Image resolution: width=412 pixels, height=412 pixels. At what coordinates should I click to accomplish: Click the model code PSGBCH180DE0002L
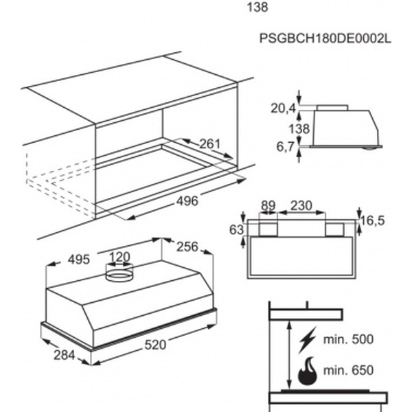[325, 38]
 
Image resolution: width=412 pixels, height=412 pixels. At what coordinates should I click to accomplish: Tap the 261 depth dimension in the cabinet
[209, 144]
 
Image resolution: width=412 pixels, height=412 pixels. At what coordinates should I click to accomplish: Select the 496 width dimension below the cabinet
[187, 201]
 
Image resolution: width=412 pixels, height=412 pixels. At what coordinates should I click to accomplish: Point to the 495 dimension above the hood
[78, 260]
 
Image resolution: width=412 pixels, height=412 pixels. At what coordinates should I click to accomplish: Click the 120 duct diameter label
[119, 257]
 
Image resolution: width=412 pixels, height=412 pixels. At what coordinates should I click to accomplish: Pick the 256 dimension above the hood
[187, 247]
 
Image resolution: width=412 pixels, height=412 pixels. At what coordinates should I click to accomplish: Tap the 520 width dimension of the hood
[155, 345]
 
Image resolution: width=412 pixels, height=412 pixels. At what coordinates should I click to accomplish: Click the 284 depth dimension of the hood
[65, 355]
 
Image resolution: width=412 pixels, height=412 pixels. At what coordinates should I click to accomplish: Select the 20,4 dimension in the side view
[283, 108]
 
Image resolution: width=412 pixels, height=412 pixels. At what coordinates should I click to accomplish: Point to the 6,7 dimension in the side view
[285, 147]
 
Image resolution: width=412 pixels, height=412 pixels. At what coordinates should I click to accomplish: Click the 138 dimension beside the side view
[299, 129]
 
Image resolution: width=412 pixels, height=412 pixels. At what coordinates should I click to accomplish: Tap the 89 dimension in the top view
[268, 205]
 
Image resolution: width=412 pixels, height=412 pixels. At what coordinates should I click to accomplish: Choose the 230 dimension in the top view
[301, 205]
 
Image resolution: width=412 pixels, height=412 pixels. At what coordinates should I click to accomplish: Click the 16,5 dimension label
[372, 220]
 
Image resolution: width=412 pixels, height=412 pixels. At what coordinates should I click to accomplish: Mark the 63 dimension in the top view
[236, 230]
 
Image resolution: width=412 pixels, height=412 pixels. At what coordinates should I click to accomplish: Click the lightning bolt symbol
[308, 340]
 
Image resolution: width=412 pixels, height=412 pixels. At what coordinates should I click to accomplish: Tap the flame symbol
[308, 371]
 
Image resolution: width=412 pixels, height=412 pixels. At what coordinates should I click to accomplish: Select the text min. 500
[348, 339]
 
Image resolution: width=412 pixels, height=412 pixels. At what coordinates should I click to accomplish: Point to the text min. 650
[348, 370]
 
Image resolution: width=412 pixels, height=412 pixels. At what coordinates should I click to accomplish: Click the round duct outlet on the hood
[119, 273]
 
